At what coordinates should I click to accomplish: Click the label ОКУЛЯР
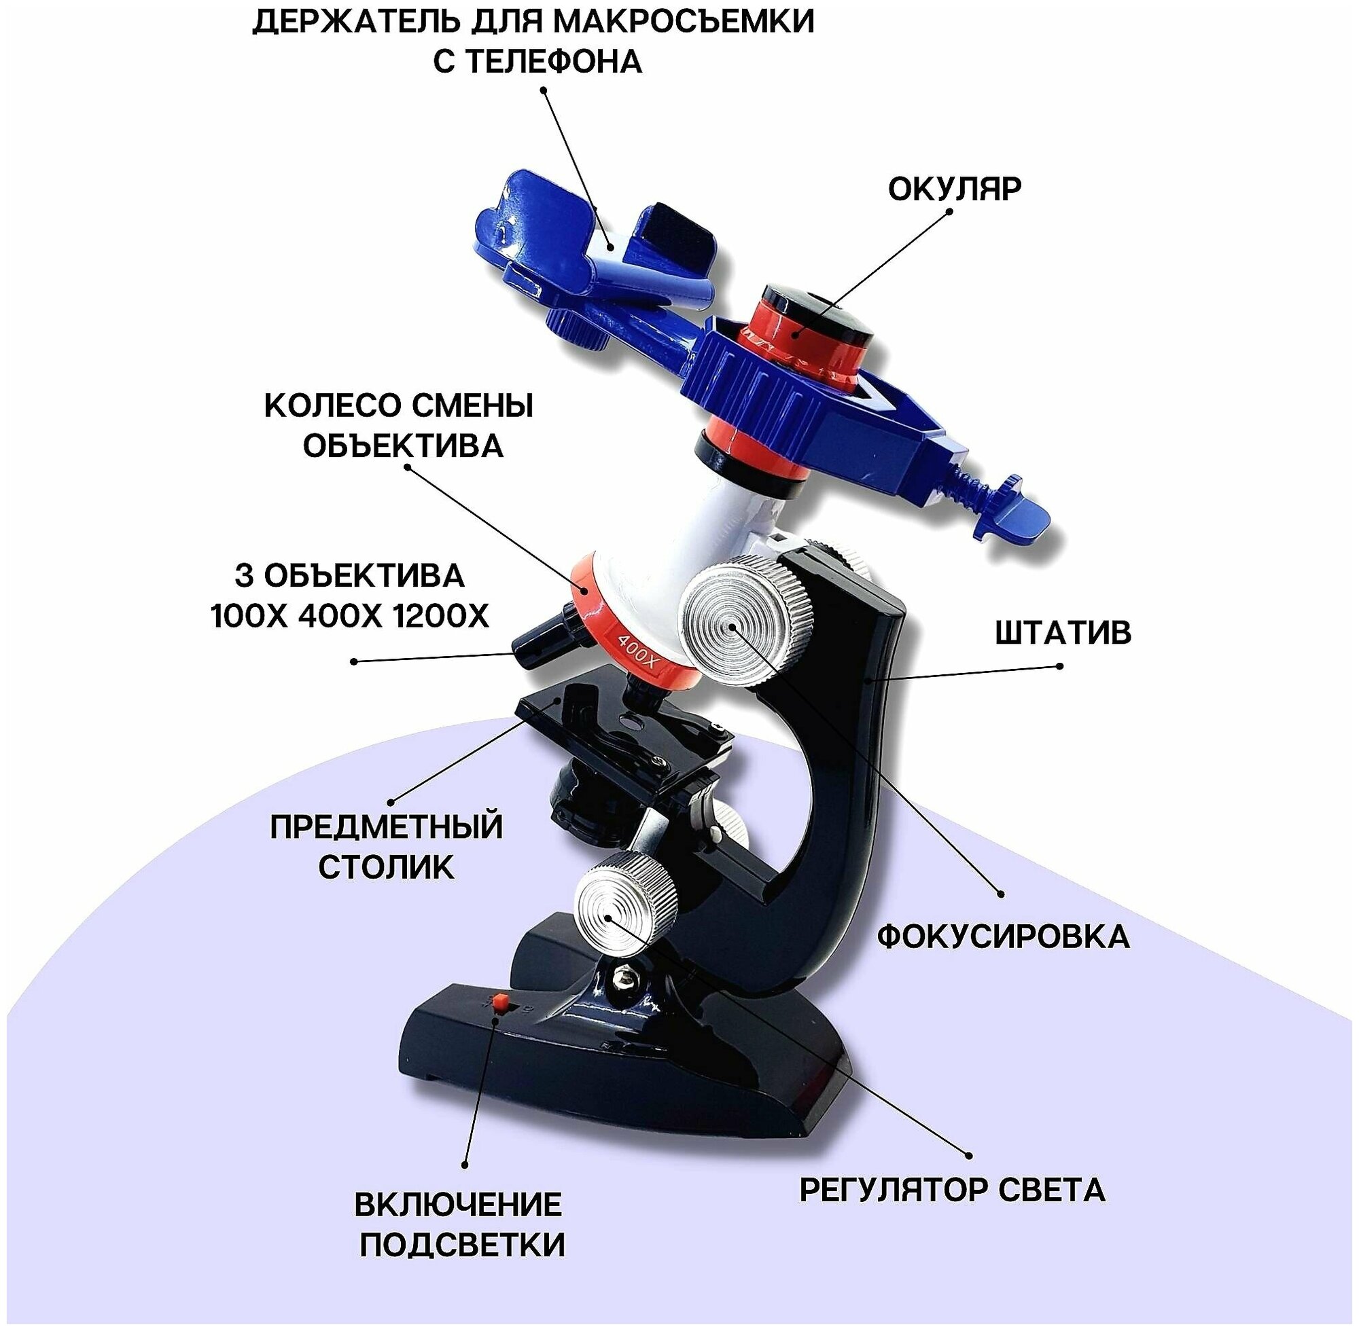(x=954, y=189)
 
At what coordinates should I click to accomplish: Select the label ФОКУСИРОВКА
(x=1003, y=936)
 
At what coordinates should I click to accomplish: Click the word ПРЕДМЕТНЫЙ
(x=386, y=828)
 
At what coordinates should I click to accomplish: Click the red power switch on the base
(x=500, y=1002)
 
